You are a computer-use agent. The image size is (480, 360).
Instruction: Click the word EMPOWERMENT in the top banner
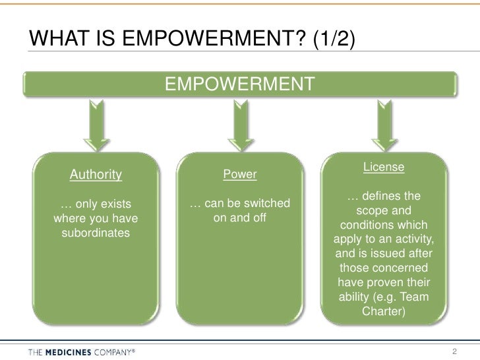pos(239,84)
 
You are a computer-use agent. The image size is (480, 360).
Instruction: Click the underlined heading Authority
pos(96,175)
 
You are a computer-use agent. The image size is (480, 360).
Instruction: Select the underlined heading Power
pos(240,175)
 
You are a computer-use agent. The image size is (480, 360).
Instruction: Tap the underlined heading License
pos(383,167)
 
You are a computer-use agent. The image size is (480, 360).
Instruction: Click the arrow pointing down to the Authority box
pos(96,126)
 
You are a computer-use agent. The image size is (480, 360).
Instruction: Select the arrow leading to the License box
pos(383,126)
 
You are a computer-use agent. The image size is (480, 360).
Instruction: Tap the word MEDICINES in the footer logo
pos(71,349)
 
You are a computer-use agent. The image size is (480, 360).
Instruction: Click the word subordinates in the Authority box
pos(96,233)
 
